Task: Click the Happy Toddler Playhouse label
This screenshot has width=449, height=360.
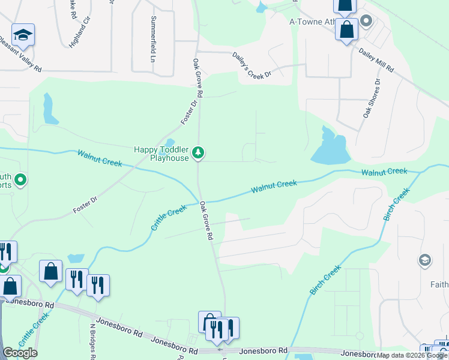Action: [x=161, y=154]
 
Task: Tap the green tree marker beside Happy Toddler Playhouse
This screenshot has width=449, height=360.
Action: [x=199, y=154]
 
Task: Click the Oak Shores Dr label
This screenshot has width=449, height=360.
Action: [x=369, y=97]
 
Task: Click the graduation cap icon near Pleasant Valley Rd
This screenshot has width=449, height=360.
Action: [x=23, y=36]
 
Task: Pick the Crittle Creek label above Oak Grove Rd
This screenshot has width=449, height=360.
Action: [x=169, y=220]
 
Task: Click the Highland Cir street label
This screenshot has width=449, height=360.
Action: [x=80, y=34]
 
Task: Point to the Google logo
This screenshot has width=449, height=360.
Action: [x=20, y=353]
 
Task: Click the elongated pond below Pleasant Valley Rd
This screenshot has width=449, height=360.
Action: [x=49, y=109]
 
